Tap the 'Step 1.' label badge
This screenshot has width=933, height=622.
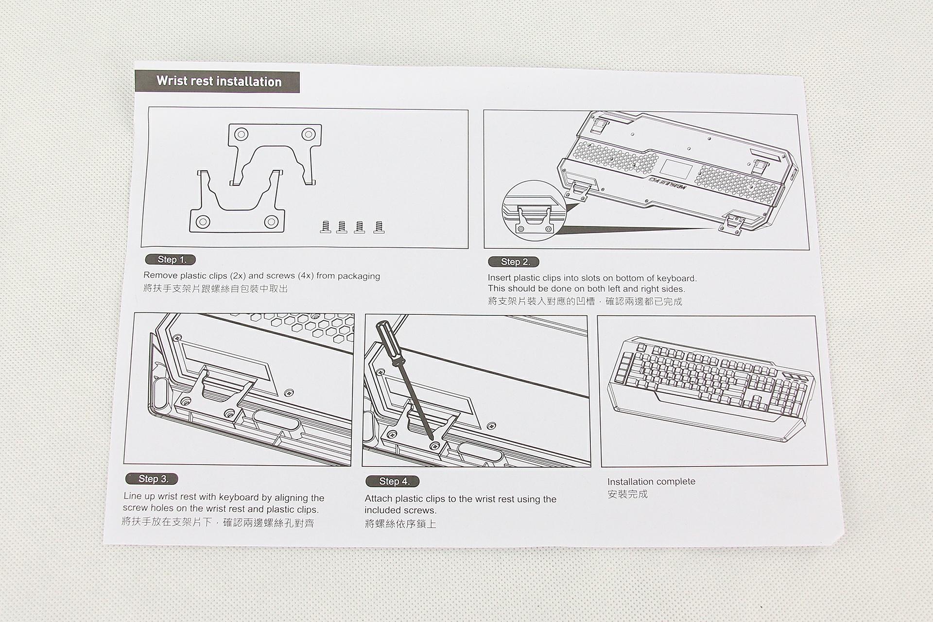coord(171,259)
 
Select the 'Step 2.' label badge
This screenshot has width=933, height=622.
coord(514,262)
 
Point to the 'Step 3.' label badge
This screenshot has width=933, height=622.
coord(152,479)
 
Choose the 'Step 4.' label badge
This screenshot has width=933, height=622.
coord(393,481)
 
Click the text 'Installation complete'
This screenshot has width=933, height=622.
coord(651,482)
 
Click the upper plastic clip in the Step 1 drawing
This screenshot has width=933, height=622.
coord(275,146)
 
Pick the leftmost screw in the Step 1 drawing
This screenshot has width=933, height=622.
coord(326,226)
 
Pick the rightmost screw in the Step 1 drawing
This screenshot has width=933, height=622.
coord(380,227)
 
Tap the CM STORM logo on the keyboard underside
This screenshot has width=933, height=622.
coord(667,183)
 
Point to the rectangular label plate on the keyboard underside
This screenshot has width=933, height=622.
coord(676,168)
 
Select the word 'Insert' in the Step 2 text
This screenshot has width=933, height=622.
coord(499,278)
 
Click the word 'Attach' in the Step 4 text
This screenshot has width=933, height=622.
coord(379,499)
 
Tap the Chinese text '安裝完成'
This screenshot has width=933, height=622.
coord(627,494)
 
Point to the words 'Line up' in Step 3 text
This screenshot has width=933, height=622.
coord(138,497)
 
